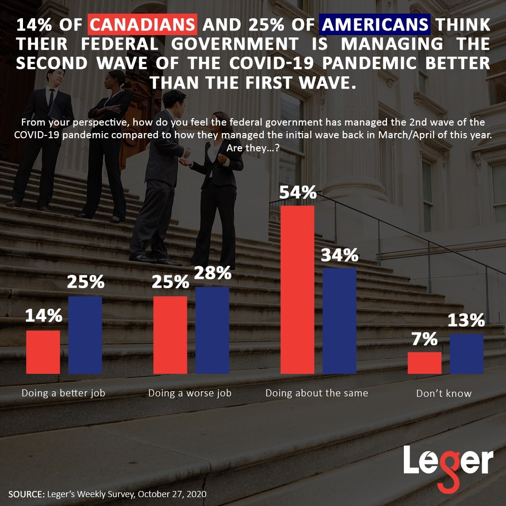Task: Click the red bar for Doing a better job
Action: pyautogui.click(x=43, y=352)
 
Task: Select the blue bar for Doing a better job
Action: pyautogui.click(x=85, y=335)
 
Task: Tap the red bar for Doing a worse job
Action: pyautogui.click(x=170, y=335)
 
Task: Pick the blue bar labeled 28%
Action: pyautogui.click(x=212, y=330)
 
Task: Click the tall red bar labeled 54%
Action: pyautogui.click(x=297, y=289)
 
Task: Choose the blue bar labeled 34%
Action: pyautogui.click(x=339, y=320)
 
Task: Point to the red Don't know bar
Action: pyautogui.click(x=424, y=363)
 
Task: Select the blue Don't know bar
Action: pyautogui.click(x=467, y=354)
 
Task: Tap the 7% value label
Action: pyautogui.click(x=424, y=339)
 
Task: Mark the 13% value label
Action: pyautogui.click(x=466, y=321)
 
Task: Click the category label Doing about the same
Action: pyautogui.click(x=317, y=393)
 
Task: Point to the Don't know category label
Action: pyautogui.click(x=444, y=394)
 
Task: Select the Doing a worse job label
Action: pyautogui.click(x=190, y=393)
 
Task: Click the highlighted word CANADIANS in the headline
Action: pyautogui.click(x=143, y=25)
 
